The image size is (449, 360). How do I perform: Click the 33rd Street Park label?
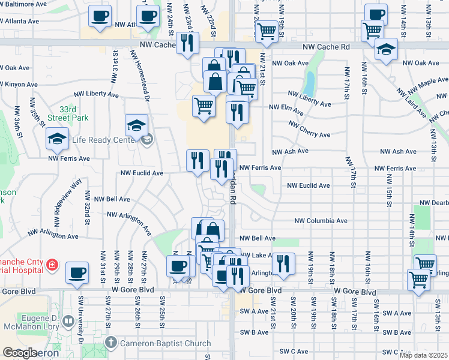coord(71,113)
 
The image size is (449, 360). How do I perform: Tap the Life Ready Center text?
coord(106,140)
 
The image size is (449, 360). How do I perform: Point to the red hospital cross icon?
coord(52,264)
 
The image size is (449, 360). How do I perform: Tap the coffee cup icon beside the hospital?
coord(77,272)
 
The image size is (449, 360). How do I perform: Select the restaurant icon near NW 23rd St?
coord(188,42)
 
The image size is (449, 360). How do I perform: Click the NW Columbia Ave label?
coord(321,221)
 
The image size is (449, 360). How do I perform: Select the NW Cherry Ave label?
coord(309,129)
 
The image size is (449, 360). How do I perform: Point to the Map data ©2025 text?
coord(423,355)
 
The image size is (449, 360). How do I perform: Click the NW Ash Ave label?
coord(290,152)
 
